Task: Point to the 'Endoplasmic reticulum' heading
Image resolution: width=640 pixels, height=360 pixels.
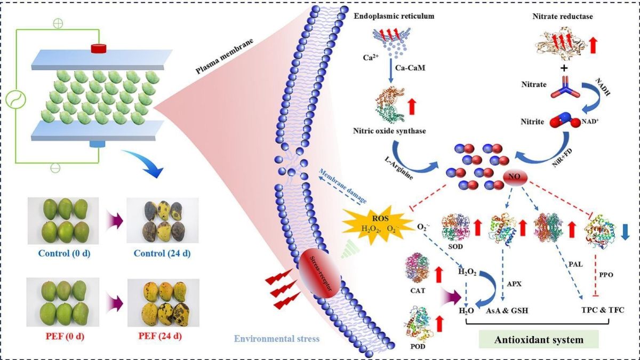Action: coord(394,17)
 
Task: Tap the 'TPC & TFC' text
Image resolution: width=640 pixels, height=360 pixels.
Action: coord(602,309)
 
